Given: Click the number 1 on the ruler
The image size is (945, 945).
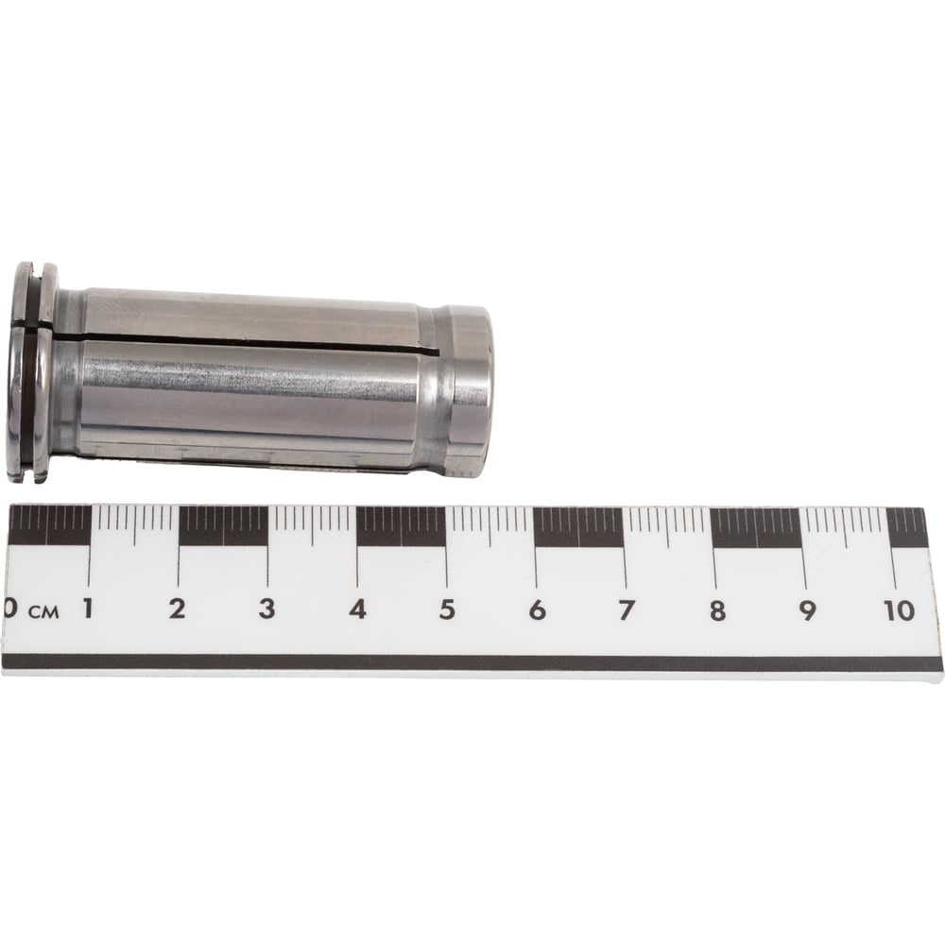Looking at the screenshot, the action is [x=88, y=609].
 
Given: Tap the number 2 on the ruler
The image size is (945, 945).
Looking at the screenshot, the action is [x=177, y=609].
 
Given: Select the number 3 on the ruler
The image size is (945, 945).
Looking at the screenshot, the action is [x=267, y=609].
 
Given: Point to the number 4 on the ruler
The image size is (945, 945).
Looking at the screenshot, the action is [x=357, y=610].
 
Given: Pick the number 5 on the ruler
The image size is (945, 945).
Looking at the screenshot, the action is [x=447, y=610].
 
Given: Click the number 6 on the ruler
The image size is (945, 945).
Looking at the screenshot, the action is [x=537, y=610].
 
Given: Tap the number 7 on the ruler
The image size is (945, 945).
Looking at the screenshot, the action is [x=627, y=610].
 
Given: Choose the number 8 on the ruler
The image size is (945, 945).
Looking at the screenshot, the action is [x=717, y=611].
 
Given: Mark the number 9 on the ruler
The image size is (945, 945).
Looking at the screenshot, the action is [x=807, y=611].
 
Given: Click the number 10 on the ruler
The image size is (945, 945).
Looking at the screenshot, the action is [x=900, y=611].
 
